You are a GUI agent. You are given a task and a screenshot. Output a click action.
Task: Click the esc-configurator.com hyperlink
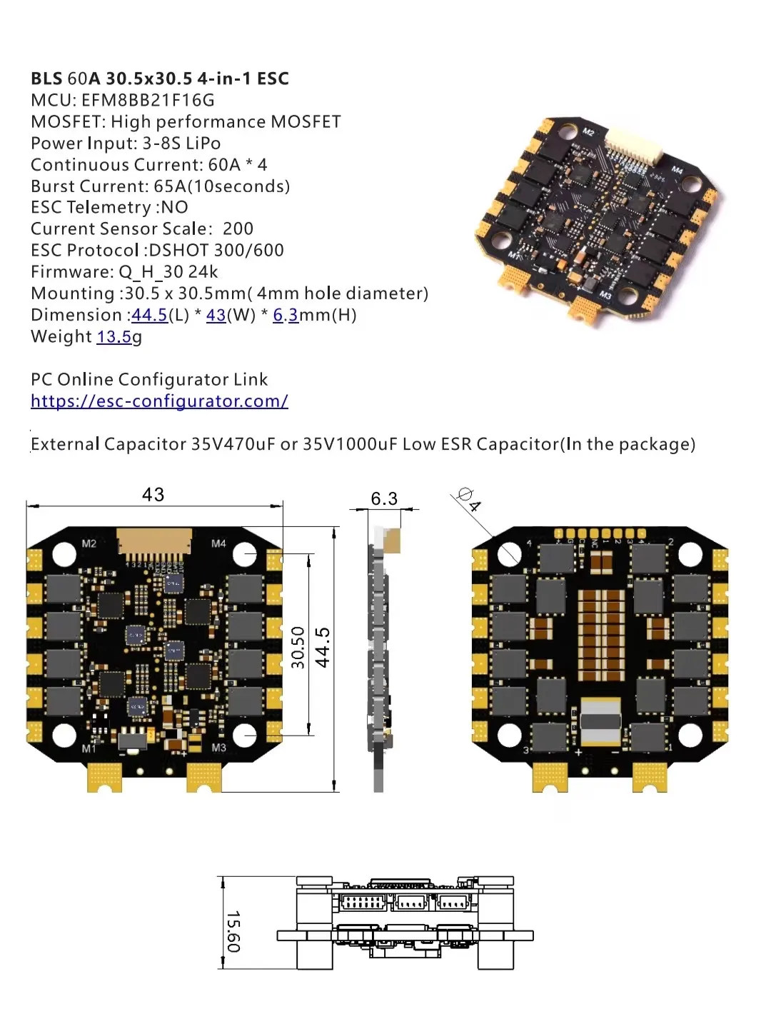pyautogui.click(x=159, y=401)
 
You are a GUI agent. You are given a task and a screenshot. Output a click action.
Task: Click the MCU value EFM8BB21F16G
pyautogui.click(x=148, y=101)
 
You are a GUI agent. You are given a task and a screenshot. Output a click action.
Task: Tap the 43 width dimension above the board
pyautogui.click(x=153, y=495)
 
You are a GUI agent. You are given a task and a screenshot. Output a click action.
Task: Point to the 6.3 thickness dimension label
pyautogui.click(x=384, y=498)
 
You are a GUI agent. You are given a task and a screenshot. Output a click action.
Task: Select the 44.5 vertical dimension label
pyautogui.click(x=323, y=647)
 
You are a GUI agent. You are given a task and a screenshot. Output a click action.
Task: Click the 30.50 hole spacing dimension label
pyautogui.click(x=298, y=647)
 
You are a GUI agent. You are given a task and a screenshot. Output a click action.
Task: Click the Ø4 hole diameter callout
pyautogui.click(x=468, y=499)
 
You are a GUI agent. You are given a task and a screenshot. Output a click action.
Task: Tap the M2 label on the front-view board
pyautogui.click(x=89, y=543)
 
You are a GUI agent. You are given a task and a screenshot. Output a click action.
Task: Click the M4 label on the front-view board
pyautogui.click(x=218, y=543)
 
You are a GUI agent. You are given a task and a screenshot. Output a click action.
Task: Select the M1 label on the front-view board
pyautogui.click(x=89, y=748)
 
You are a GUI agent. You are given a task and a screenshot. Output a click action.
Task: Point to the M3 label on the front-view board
pyautogui.click(x=218, y=748)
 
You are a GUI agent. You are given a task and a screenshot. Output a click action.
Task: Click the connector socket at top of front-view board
pyautogui.click(x=155, y=543)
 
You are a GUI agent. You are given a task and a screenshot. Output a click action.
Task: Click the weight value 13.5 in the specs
pyautogui.click(x=114, y=337)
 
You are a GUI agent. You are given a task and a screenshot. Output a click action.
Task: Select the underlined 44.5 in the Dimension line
pyautogui.click(x=150, y=316)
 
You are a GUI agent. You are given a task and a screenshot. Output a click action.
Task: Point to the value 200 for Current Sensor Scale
pyautogui.click(x=238, y=229)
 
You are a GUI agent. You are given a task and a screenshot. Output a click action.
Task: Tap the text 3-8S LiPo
pyautogui.click(x=181, y=144)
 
